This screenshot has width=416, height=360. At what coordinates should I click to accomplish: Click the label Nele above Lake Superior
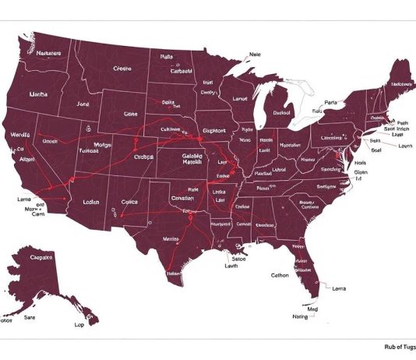255,55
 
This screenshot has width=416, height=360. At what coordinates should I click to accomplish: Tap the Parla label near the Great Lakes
331,102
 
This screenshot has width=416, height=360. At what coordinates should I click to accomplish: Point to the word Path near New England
402,122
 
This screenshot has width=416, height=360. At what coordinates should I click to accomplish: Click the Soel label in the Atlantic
376,150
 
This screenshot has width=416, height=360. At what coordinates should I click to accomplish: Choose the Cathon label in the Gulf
280,275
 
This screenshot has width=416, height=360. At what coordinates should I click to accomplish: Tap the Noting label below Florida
300,316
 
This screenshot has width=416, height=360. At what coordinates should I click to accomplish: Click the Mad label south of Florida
312,309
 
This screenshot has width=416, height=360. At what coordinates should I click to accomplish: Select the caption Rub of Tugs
400,348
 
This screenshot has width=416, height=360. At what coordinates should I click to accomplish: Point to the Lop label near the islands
79,323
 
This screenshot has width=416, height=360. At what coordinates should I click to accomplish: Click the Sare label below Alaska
30,318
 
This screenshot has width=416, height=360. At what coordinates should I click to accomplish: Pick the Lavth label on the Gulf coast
231,266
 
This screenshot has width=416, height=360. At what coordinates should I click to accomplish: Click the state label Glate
129,114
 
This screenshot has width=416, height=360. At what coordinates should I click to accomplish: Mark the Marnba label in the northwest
39,94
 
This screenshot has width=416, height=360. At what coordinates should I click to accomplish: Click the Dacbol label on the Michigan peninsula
281,112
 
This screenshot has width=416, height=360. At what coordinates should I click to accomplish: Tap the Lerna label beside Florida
339,288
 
